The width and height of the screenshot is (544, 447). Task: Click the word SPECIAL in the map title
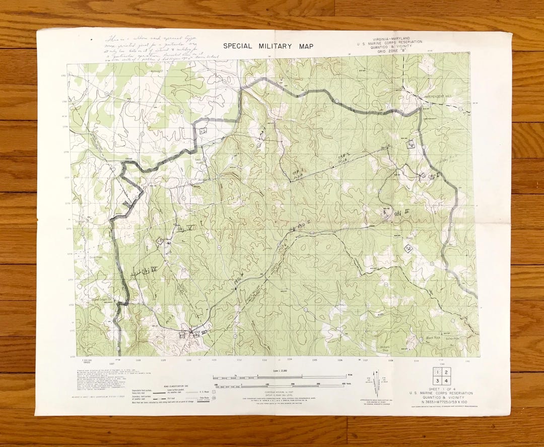(x=240, y=46)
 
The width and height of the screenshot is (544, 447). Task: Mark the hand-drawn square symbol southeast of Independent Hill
(x=411, y=144)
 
